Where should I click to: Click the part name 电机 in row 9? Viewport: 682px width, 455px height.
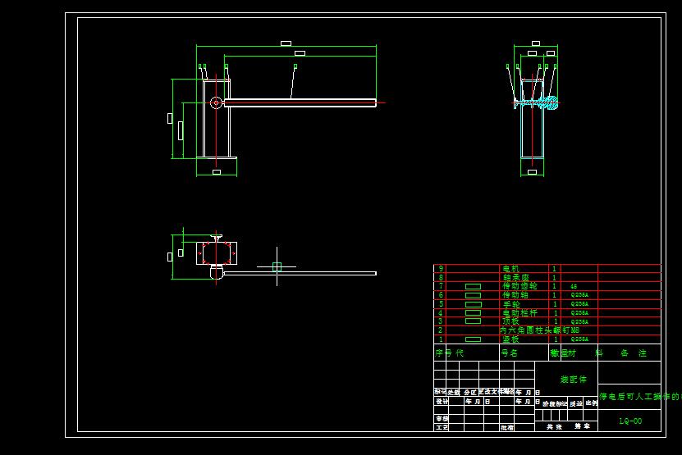tap(510, 268)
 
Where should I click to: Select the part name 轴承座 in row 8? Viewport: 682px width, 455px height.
tap(515, 277)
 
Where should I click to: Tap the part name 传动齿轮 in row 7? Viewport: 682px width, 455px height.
tap(519, 286)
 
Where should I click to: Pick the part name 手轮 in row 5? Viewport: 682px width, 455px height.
tap(511, 303)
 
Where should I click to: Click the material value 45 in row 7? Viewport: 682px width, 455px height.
tap(572, 286)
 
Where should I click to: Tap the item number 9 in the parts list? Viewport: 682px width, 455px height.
tap(441, 268)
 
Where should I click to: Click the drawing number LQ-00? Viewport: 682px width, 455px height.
tap(630, 421)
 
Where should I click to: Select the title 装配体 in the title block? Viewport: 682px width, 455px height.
tap(574, 380)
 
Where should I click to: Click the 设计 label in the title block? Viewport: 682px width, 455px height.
tap(442, 402)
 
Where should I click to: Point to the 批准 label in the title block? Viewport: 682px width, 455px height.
tap(507, 427)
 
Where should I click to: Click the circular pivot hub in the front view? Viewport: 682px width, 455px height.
tap(216, 102)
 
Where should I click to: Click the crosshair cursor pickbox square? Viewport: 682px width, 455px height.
tap(277, 266)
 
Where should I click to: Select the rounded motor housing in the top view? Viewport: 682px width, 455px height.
tap(217, 272)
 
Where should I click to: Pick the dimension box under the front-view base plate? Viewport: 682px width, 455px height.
tap(217, 172)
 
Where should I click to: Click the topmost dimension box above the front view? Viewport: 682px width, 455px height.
tap(286, 43)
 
